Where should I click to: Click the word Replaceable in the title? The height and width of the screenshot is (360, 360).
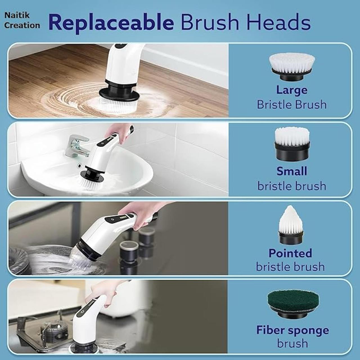[111, 22]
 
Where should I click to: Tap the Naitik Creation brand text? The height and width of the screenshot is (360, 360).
[22, 20]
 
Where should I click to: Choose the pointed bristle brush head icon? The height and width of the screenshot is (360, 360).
[291, 225]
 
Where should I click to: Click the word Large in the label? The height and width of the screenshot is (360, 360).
[292, 90]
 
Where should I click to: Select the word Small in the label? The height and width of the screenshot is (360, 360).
[292, 171]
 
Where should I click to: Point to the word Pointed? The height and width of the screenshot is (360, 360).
[290, 253]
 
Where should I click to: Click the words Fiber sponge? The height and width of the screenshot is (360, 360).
[292, 330]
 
